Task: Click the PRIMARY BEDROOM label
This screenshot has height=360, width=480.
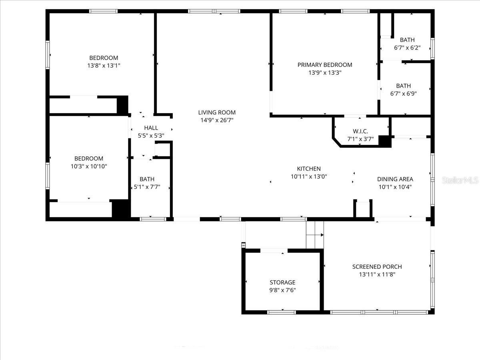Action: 325,65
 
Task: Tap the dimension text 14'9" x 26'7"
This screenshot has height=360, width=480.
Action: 217,120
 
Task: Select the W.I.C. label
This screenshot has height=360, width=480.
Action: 360,131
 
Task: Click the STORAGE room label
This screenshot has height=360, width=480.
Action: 282,282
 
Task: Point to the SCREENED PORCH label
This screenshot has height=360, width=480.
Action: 377,267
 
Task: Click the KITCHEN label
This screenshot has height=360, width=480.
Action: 308,169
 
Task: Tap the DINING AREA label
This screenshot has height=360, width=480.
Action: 395,179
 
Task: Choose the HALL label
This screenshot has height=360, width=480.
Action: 151,128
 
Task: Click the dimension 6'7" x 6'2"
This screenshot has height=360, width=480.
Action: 407,48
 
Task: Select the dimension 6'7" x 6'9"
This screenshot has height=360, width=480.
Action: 403,94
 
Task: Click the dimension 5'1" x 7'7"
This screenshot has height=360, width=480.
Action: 147,187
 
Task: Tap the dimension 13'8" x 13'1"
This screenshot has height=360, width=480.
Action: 104,66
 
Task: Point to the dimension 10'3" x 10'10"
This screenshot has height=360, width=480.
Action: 89,166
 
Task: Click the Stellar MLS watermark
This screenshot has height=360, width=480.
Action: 460,180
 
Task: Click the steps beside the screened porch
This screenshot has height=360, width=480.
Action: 314,234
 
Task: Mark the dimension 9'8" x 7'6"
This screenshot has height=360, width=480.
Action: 282,290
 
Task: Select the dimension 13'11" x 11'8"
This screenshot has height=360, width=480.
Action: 377,274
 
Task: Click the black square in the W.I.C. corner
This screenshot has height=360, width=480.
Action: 384,141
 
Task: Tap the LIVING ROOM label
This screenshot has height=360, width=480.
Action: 217,112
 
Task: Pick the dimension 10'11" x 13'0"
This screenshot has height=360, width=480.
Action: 308,176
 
